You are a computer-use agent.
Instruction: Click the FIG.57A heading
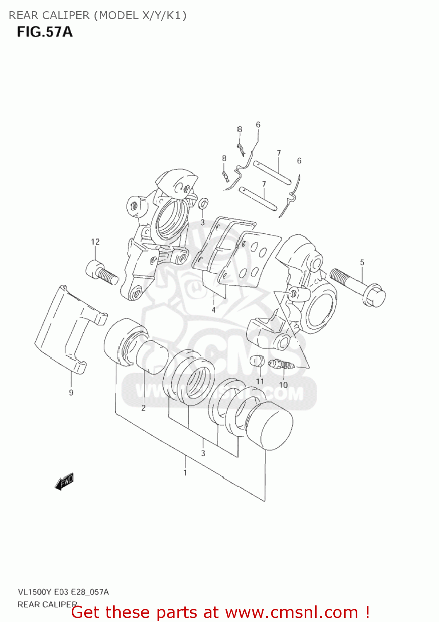click(x=45, y=32)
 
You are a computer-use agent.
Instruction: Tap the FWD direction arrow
click(x=64, y=482)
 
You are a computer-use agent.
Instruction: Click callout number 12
click(x=95, y=242)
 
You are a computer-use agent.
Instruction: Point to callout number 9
click(x=71, y=392)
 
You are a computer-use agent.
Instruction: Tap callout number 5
click(x=362, y=262)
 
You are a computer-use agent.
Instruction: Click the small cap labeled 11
click(x=257, y=361)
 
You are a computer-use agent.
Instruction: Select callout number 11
click(x=260, y=381)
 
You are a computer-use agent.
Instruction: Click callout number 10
click(x=283, y=385)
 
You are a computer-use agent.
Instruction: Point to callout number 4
click(x=213, y=310)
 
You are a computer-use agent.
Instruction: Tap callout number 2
click(x=143, y=408)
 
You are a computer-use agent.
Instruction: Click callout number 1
click(x=185, y=473)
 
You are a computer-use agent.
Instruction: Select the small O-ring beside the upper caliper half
click(x=203, y=204)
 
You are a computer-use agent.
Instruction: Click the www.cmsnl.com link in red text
click(x=291, y=612)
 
